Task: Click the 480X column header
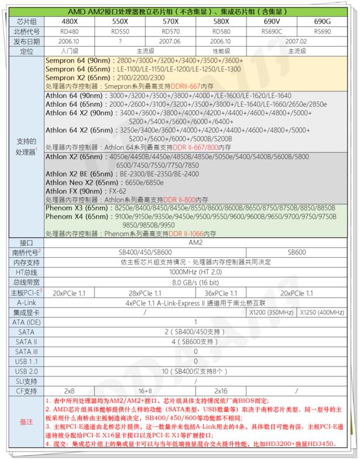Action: [70, 20]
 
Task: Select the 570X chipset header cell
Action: [171, 20]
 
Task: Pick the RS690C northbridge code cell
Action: [272, 30]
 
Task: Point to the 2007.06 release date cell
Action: [171, 40]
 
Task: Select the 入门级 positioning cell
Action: [70, 50]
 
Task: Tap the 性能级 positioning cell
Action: [222, 50]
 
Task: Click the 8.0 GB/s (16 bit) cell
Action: [196, 282]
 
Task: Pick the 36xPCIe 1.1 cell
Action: [222, 292]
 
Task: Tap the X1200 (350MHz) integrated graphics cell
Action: [272, 312]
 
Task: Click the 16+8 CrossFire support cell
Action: [145, 391]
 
